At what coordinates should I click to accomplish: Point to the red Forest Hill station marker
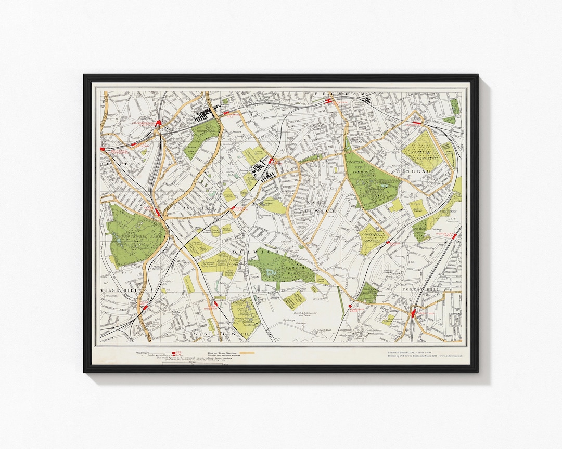[x=414, y=314]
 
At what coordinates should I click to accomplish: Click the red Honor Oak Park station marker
[x=454, y=236]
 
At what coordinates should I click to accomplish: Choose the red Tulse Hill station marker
[x=144, y=308]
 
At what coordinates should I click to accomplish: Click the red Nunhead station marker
[x=421, y=123]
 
